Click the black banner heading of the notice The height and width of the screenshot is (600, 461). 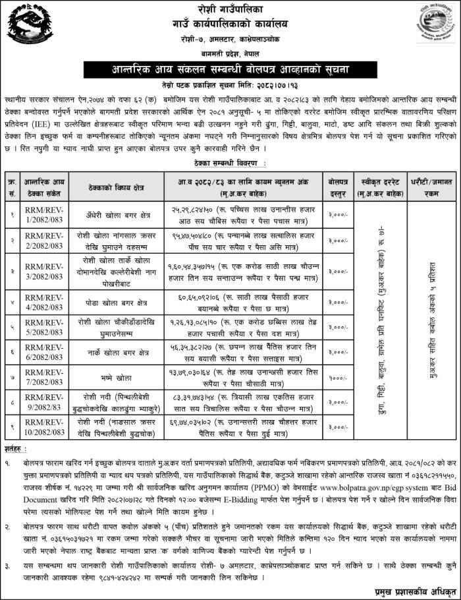230,69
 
